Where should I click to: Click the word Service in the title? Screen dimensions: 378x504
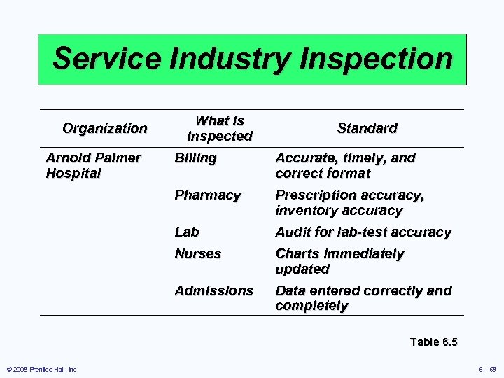[x=104, y=59]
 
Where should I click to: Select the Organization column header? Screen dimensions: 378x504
[x=105, y=128]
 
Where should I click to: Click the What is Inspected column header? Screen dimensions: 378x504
[x=220, y=128]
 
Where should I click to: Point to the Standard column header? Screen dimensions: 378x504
[x=367, y=128]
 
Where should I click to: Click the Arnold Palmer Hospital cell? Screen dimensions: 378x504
[x=93, y=165]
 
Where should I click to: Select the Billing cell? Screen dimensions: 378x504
[x=195, y=158]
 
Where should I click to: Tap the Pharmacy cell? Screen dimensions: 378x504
[x=207, y=195]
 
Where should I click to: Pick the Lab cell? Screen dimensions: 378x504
[x=187, y=232]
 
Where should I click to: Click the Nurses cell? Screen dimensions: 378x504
[x=197, y=253]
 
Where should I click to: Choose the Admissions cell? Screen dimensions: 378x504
[x=213, y=290]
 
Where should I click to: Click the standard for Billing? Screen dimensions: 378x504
[x=345, y=165]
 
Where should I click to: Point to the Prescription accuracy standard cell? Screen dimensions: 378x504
[x=349, y=202]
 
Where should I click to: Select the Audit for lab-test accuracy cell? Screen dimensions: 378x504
[x=363, y=232]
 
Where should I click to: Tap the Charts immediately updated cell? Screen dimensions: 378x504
[x=339, y=261]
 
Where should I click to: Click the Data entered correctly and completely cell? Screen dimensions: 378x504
[x=363, y=298]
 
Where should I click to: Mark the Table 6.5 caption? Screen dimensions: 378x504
[x=433, y=342]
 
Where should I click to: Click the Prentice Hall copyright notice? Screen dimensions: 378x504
[x=43, y=369]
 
